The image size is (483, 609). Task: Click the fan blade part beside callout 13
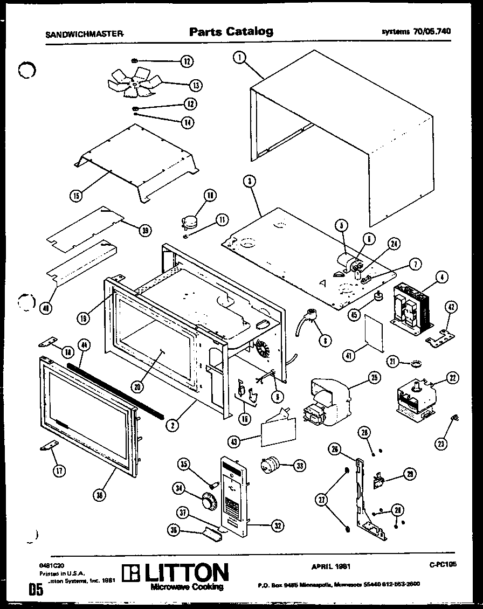[133, 84]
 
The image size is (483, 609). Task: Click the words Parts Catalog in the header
[231, 32]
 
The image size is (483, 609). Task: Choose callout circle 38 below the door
[99, 496]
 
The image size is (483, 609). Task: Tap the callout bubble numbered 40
[47, 307]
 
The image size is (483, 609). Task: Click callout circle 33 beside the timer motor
[298, 465]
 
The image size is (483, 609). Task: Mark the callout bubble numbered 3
[249, 182]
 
